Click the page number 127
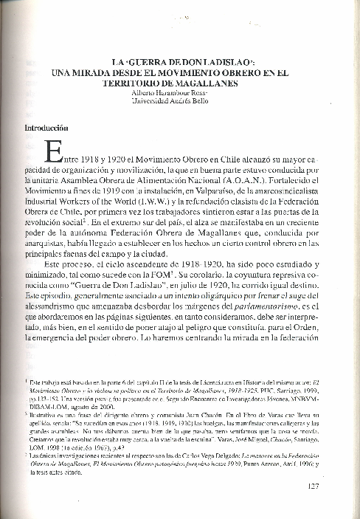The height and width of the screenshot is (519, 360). click(311, 486)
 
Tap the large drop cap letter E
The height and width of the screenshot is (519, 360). click(53, 154)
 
